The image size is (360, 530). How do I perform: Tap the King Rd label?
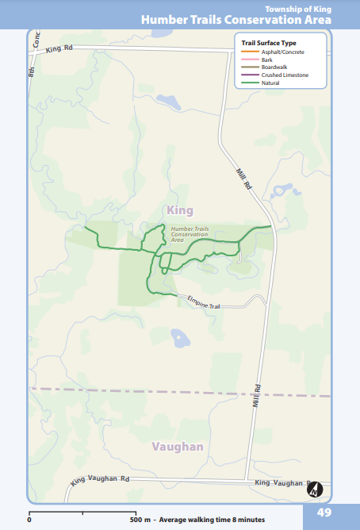(59, 49)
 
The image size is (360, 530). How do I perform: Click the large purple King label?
(181, 209)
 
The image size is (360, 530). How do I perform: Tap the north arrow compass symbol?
(315, 489)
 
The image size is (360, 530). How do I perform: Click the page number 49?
(324, 512)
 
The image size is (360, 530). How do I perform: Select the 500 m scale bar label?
(142, 520)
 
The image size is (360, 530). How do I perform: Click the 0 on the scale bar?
(29, 520)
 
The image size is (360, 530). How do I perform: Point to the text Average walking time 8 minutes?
(213, 520)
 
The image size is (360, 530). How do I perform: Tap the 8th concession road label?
(33, 70)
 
